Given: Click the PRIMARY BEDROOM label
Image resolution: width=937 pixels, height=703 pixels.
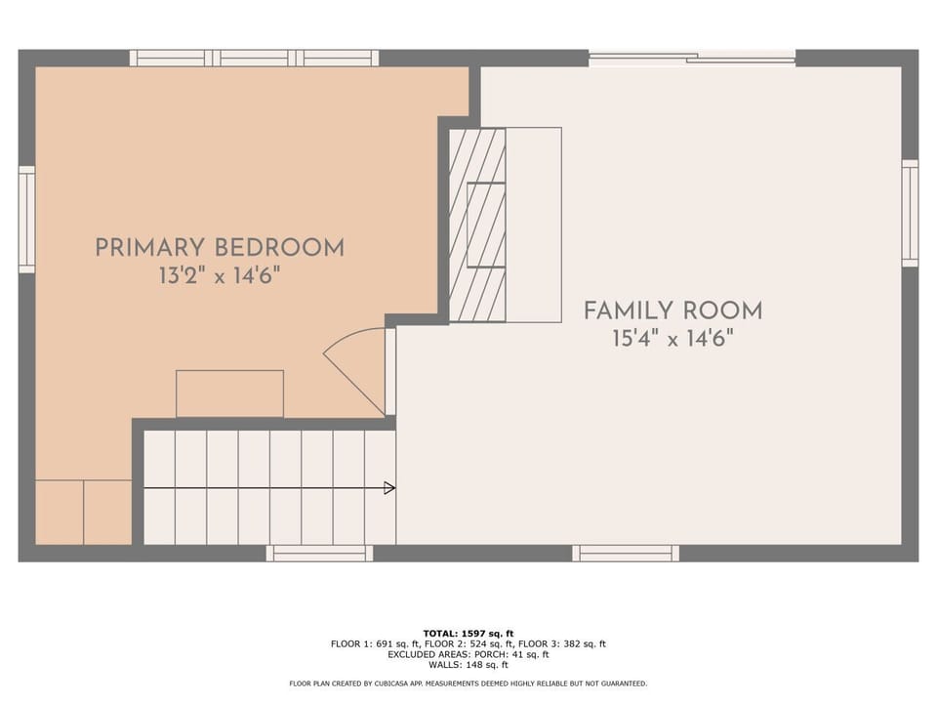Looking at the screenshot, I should (219, 248).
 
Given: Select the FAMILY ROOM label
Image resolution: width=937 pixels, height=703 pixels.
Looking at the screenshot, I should (672, 311).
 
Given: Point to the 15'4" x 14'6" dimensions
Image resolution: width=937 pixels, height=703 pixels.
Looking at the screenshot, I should (672, 339).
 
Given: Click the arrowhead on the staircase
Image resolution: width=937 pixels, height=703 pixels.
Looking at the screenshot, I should (389, 488).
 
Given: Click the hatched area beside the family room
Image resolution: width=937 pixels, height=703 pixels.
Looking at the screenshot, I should (476, 225).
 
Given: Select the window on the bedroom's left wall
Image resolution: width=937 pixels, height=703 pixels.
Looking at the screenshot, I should (26, 220).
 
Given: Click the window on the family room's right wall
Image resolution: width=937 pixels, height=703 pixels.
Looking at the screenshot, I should (910, 213).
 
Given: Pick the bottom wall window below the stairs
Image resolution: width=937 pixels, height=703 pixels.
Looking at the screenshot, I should (319, 554).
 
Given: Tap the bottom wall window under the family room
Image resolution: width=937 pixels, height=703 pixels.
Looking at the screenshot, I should (625, 554).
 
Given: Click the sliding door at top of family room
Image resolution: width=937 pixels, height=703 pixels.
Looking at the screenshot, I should (691, 59).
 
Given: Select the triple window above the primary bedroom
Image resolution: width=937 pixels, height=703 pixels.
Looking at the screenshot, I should (254, 59).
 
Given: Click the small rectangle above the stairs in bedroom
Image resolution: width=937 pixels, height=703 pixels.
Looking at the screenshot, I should (229, 393).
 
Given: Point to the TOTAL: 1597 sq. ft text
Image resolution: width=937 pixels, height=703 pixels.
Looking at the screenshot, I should (468, 634).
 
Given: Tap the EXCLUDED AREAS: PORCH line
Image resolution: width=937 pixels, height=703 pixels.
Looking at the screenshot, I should (468, 654).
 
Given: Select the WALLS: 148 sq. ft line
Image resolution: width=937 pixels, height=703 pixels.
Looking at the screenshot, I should (468, 665).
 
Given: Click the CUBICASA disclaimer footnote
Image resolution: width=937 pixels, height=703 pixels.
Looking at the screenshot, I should (468, 683).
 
